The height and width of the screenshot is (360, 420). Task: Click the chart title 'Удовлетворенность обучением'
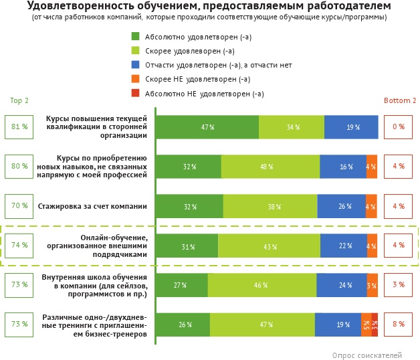pyautogui.click(x=209, y=6)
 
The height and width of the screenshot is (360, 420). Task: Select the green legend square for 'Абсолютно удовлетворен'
pyautogui.click(x=136, y=36)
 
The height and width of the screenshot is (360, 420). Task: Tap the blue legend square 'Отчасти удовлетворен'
pyautogui.click(x=136, y=65)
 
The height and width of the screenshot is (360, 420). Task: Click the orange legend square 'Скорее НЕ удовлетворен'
pyautogui.click(x=136, y=79)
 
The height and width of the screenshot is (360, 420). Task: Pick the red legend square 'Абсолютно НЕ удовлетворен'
pyautogui.click(x=136, y=94)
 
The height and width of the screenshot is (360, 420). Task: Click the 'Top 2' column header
pyautogui.click(x=19, y=101)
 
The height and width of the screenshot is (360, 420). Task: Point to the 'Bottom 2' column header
pyautogui.click(x=399, y=101)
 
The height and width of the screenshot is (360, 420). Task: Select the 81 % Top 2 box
pyautogui.click(x=19, y=126)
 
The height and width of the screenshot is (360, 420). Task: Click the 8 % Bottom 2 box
pyautogui.click(x=399, y=325)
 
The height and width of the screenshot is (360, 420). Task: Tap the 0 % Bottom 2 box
pyautogui.click(x=399, y=126)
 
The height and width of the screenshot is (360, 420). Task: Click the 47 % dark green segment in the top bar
pyautogui.click(x=207, y=127)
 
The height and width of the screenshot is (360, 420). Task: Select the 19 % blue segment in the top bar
pyautogui.click(x=351, y=127)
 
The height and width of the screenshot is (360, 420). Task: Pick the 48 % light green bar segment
pyautogui.click(x=270, y=167)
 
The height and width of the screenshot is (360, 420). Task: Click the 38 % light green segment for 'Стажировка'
pyautogui.click(x=270, y=207)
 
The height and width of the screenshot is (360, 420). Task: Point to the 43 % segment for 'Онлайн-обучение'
pyautogui.click(x=269, y=246)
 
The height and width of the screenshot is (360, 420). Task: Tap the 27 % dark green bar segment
pyautogui.click(x=181, y=286)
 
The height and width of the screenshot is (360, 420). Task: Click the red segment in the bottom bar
pyautogui.click(x=375, y=325)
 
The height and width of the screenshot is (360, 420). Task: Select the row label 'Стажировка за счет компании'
pyautogui.click(x=92, y=206)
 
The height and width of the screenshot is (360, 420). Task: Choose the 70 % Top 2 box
pyautogui.click(x=19, y=206)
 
